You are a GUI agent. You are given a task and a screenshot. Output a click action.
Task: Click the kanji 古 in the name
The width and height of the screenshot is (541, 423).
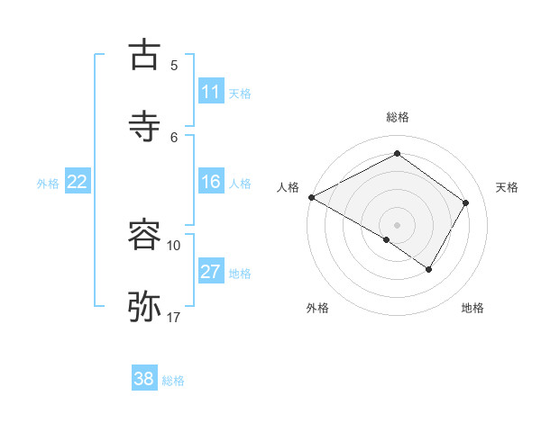145,55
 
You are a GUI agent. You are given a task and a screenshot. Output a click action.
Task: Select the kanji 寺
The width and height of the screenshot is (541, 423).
145,127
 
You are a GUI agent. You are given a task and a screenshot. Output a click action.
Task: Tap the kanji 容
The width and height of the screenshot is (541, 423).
145,235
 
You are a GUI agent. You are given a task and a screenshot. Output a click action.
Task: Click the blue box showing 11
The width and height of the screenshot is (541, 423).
211,92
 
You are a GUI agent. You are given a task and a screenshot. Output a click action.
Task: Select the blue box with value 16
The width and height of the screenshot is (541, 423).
211,182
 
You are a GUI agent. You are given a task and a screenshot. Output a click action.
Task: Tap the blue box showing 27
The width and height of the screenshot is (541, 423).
211,272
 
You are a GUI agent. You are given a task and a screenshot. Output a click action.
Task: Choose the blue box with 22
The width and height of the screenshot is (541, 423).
78,182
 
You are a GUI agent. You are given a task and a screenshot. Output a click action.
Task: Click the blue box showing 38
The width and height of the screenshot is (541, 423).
144,379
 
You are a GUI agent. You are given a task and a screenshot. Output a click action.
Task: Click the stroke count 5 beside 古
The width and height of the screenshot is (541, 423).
174,65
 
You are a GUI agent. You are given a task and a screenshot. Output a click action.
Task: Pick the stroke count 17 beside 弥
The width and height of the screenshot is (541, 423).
174,317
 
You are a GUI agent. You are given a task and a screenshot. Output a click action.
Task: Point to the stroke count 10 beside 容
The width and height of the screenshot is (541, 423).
174,245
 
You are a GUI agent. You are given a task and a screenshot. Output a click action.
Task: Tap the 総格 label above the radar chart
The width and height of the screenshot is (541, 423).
398,117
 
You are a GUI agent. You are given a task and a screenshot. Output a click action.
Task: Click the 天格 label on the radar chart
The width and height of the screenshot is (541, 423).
507,187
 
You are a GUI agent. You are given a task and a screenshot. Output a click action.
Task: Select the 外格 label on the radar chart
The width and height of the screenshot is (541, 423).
317,308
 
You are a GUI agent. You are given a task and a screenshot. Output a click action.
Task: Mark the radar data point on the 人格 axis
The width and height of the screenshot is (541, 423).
311,196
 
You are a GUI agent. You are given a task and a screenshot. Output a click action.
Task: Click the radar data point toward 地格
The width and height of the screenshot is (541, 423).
429,268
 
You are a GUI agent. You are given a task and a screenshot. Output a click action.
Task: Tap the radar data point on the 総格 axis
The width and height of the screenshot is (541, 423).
397,154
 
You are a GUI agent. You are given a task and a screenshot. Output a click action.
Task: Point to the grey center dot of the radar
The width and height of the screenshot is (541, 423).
397,224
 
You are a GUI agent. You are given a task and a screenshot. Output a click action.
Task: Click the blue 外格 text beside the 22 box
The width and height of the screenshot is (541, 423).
48,184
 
